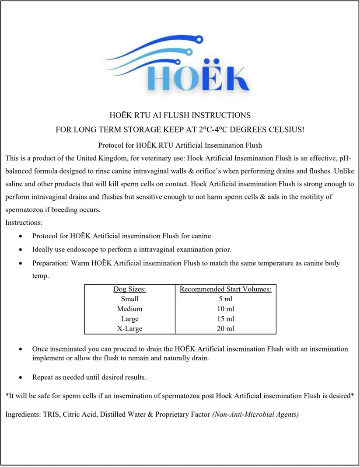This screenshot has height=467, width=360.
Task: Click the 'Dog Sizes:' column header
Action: pos(129,289)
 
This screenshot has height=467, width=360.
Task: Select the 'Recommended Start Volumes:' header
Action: pos(225,289)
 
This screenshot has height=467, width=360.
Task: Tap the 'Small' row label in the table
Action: pos(129,299)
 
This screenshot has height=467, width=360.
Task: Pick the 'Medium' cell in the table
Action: pos(129,309)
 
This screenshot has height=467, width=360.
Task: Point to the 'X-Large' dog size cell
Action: pos(129,328)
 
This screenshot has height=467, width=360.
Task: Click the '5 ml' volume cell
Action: pos(225,299)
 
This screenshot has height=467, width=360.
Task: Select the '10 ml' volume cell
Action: pos(225,309)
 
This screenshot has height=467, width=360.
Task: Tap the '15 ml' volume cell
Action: pos(225,319)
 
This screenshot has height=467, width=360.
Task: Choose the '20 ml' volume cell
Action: pos(225,328)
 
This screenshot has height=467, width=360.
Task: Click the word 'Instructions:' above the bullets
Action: pos(24,223)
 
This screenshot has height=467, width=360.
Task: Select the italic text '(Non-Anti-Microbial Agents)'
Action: pos(255,414)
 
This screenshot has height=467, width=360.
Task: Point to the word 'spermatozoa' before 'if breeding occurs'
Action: pos(24,209)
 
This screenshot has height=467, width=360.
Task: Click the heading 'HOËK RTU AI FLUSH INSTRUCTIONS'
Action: pos(180,115)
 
